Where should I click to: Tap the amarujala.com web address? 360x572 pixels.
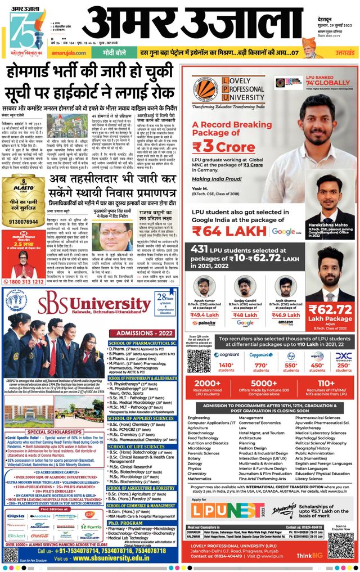click(71, 53)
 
